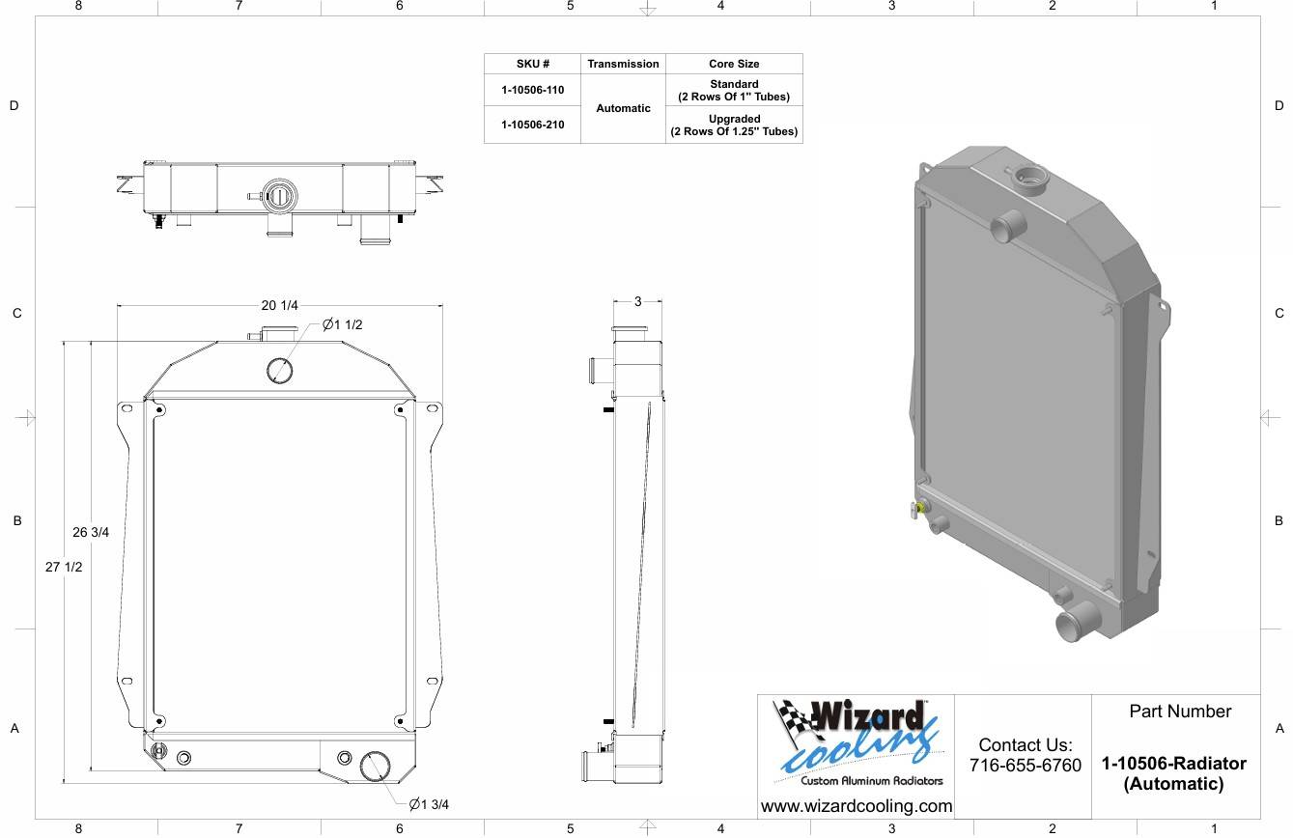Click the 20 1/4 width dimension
click(x=279, y=305)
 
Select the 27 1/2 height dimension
click(x=64, y=567)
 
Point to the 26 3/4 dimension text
click(x=91, y=532)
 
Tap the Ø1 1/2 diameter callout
click(x=342, y=325)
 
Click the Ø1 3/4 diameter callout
click(x=429, y=804)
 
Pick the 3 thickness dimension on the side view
click(x=638, y=301)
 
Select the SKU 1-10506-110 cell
click(x=532, y=90)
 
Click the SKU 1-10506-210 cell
click(x=532, y=125)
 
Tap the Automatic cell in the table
click(x=623, y=108)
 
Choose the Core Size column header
click(x=734, y=64)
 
